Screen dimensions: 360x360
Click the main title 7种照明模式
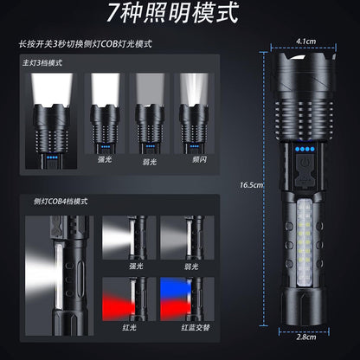tap(179, 15)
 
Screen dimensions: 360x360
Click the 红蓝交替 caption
tap(185, 330)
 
